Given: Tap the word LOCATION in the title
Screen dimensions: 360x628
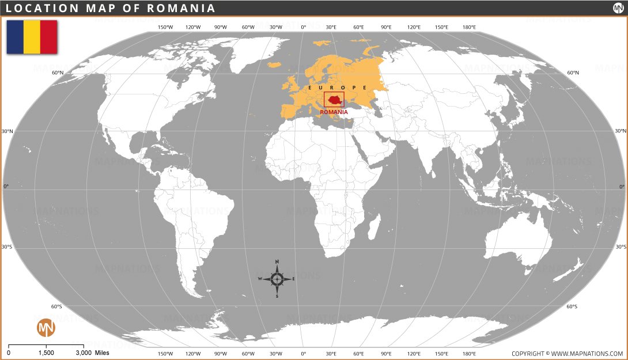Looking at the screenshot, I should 40,8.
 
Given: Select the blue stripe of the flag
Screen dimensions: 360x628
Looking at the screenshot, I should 15,37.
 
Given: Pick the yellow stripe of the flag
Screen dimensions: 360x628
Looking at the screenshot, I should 32,37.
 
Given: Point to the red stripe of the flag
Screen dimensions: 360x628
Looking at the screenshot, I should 48,37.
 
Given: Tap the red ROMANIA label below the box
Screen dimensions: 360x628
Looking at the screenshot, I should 334,112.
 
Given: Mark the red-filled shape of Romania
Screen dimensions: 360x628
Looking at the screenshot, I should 334,100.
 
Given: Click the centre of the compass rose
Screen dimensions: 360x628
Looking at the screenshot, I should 277,279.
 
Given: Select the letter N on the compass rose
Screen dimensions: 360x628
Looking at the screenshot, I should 277,262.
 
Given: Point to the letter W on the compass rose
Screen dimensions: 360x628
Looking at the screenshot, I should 260,279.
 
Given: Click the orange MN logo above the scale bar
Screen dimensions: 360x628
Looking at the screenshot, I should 46,328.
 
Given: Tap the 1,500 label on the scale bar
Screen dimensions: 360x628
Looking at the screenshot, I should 46,353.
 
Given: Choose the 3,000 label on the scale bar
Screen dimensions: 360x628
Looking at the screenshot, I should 84,353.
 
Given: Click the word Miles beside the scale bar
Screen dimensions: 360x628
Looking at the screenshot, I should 102,353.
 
